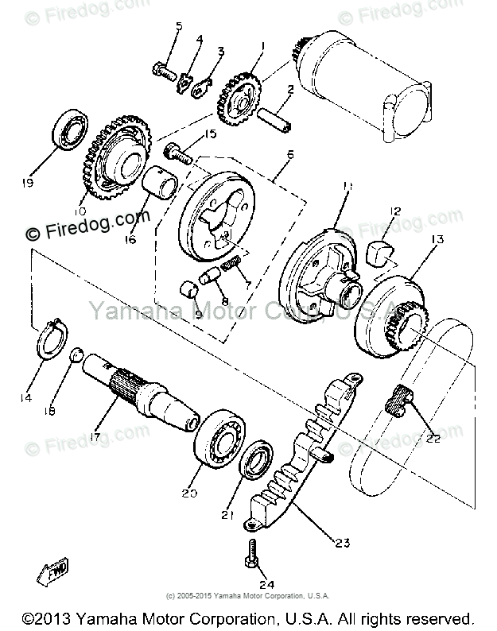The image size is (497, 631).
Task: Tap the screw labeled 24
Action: (x=251, y=550)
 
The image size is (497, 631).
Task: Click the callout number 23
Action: (x=343, y=544)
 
